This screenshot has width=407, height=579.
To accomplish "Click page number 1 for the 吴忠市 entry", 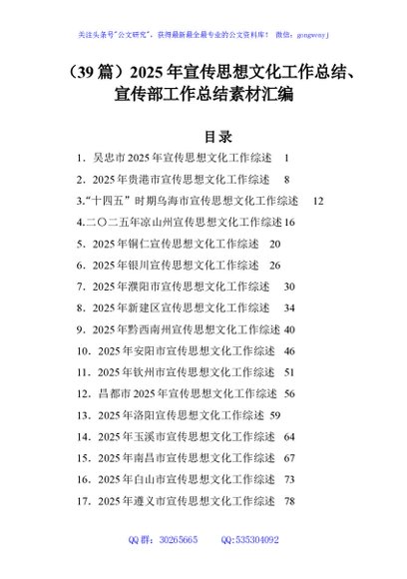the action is pyautogui.click(x=286, y=159).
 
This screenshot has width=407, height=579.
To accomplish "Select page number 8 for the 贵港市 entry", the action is pyautogui.click(x=286, y=180).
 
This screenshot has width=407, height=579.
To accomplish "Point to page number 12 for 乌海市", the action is pyautogui.click(x=318, y=201).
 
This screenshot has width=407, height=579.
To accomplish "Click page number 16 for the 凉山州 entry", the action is pyautogui.click(x=289, y=222).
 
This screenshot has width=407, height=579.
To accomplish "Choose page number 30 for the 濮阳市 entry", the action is pyautogui.click(x=289, y=286).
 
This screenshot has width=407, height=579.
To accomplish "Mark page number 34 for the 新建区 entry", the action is pyautogui.click(x=289, y=307).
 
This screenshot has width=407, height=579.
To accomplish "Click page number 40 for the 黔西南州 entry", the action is pyautogui.click(x=289, y=328).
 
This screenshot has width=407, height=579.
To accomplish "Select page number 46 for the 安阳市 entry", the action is pyautogui.click(x=289, y=350).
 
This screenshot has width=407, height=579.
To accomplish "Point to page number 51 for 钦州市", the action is pyautogui.click(x=289, y=371).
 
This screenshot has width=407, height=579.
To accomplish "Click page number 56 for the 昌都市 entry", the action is pyautogui.click(x=289, y=393).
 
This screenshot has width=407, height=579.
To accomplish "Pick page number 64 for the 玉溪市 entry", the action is pyautogui.click(x=289, y=436).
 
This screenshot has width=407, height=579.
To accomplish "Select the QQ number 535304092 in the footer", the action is pyautogui.click(x=256, y=567).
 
